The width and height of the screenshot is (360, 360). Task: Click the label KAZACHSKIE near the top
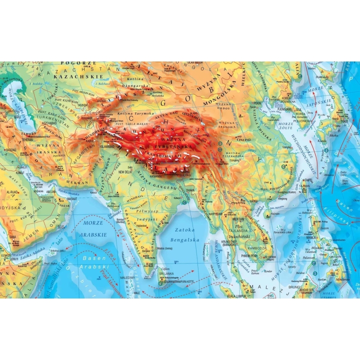click(x=81, y=77)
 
